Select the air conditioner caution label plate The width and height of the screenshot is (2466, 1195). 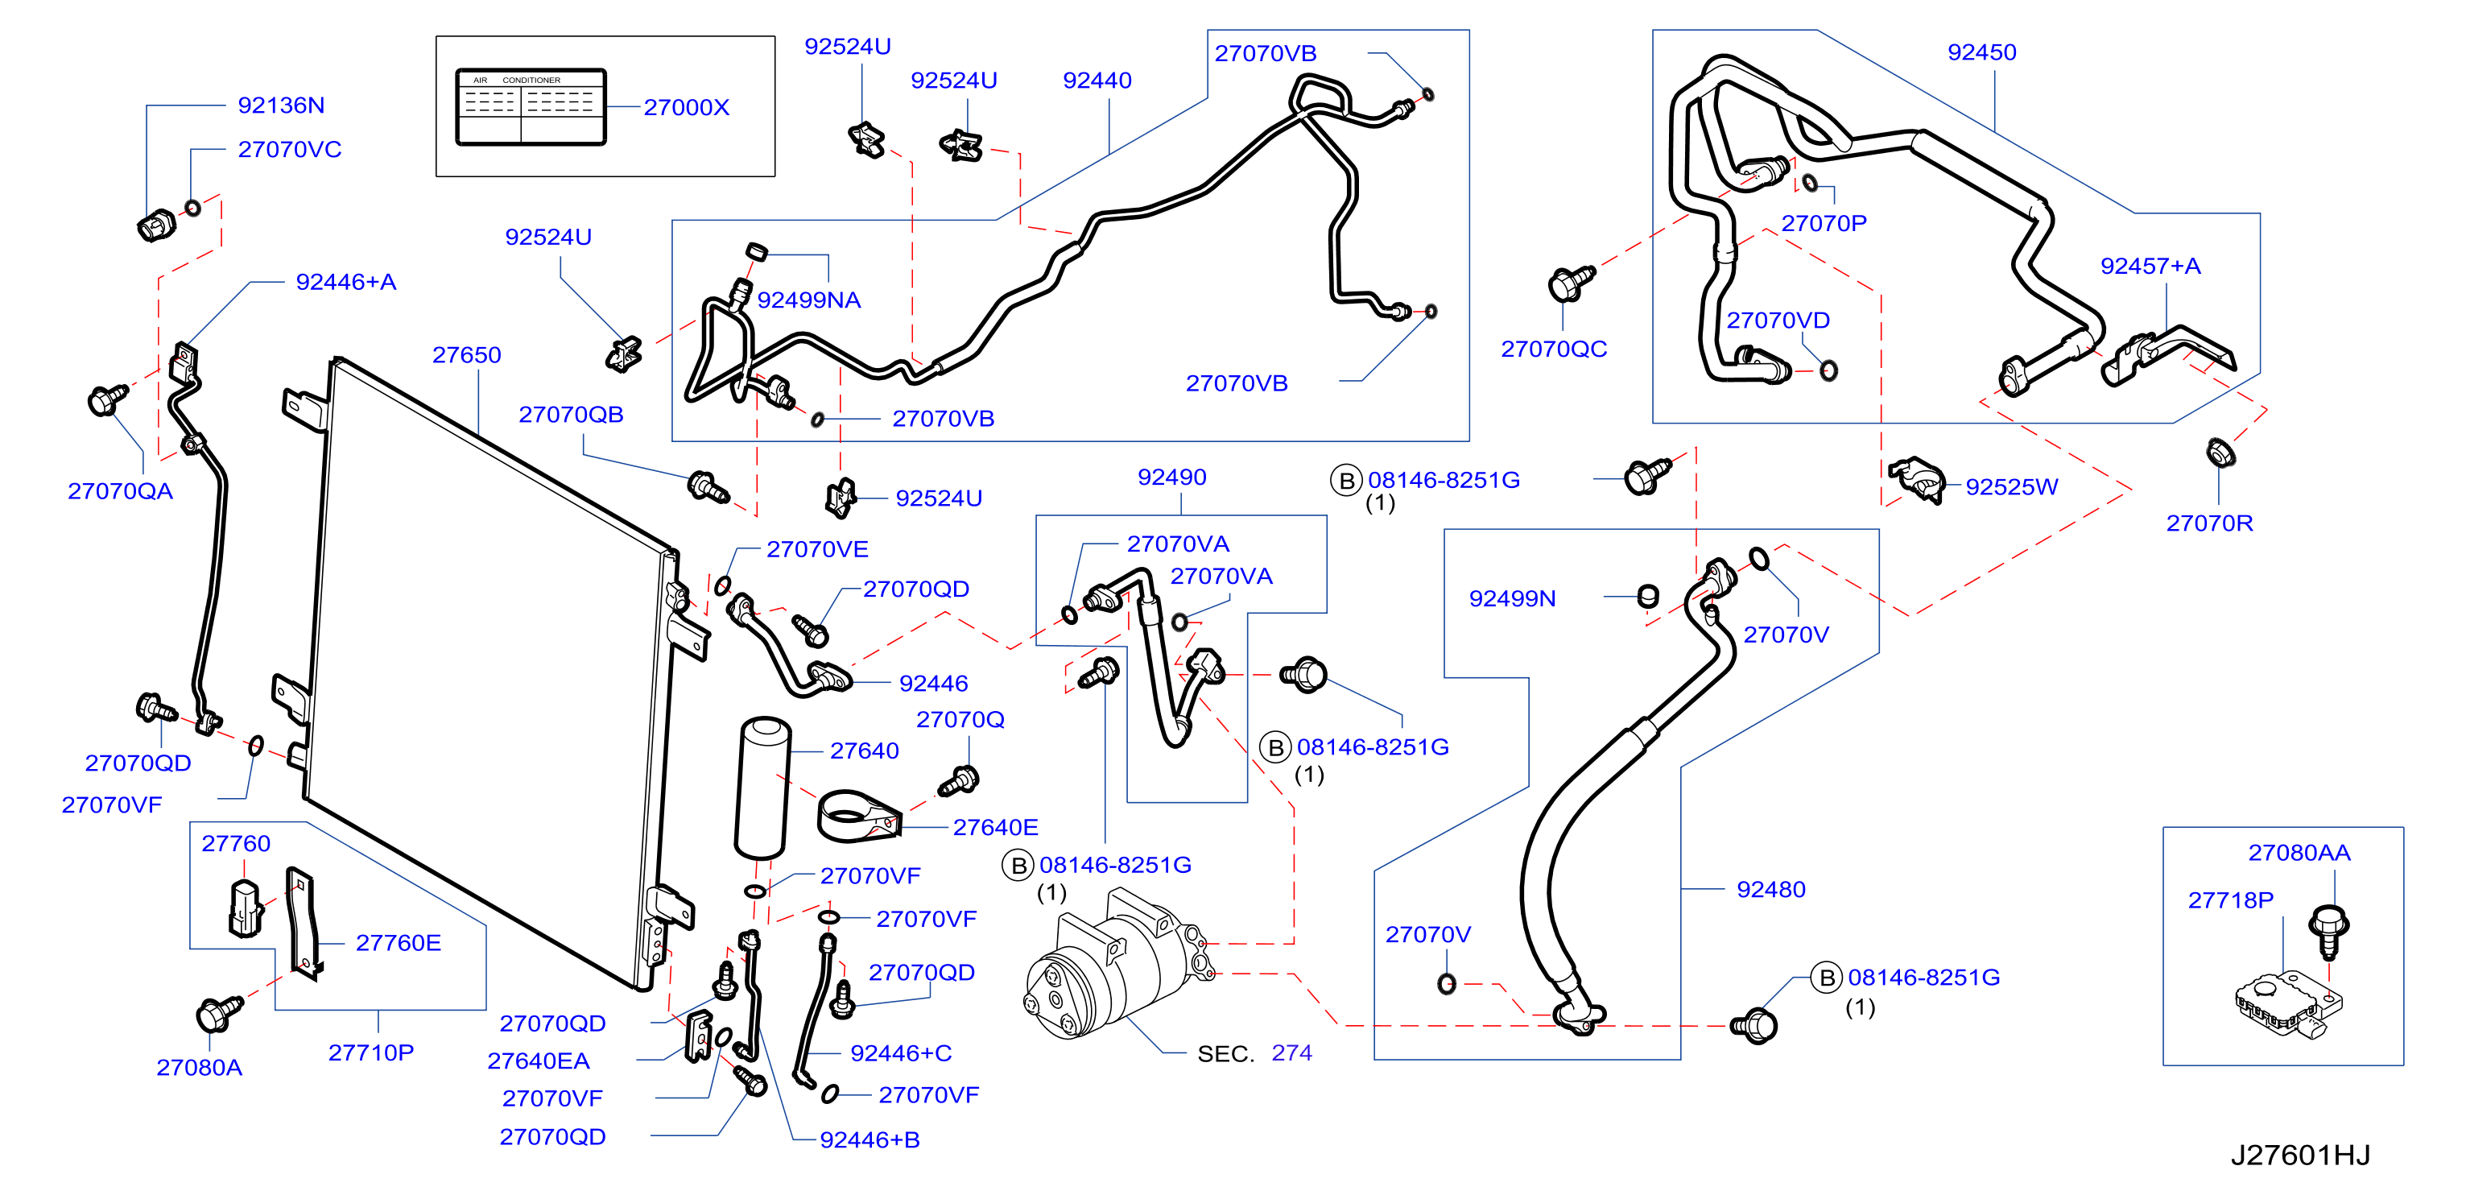coord(531,106)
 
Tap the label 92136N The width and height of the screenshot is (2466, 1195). coord(280,105)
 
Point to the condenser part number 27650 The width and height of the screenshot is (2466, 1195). coord(466,355)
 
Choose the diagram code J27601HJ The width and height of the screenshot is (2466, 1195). coord(2299,1155)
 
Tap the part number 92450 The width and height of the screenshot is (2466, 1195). coord(1981,52)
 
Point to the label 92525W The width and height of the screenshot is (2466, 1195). coord(2011,487)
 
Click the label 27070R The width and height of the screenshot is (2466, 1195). coord(2209,523)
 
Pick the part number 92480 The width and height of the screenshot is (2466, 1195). coord(1771,890)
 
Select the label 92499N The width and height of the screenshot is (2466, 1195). coord(1512,598)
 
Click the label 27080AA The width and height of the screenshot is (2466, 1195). coord(2299,853)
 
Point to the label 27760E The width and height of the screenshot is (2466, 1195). coord(399,943)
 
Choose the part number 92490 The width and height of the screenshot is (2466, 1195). coord(1171,478)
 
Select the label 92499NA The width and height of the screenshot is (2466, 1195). coord(809,300)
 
